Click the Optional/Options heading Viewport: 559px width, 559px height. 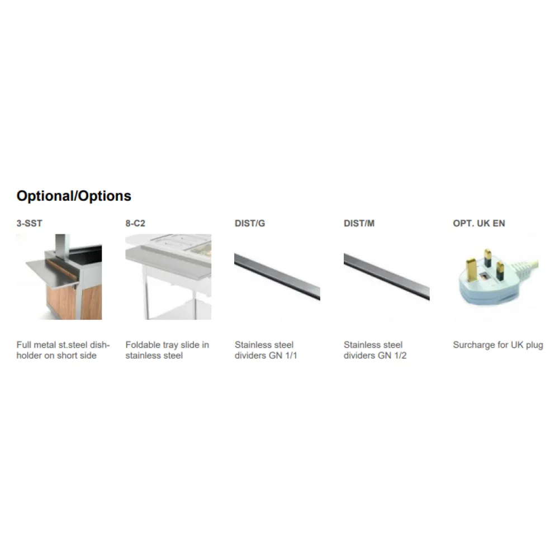click(x=74, y=196)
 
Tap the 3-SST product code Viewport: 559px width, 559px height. click(x=29, y=224)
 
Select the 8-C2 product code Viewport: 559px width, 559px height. click(x=135, y=224)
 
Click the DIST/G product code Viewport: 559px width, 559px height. click(x=250, y=224)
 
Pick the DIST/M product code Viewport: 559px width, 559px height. click(x=359, y=224)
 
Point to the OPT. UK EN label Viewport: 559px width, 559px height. click(x=479, y=224)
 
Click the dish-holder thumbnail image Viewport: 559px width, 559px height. click(x=59, y=277)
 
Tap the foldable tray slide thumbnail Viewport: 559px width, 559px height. click(x=168, y=277)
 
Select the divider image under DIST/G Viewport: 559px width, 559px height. click(x=277, y=277)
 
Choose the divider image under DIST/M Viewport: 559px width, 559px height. click(x=386, y=277)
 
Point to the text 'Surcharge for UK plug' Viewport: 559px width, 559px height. click(x=498, y=345)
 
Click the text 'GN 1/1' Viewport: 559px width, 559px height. click(x=283, y=356)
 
